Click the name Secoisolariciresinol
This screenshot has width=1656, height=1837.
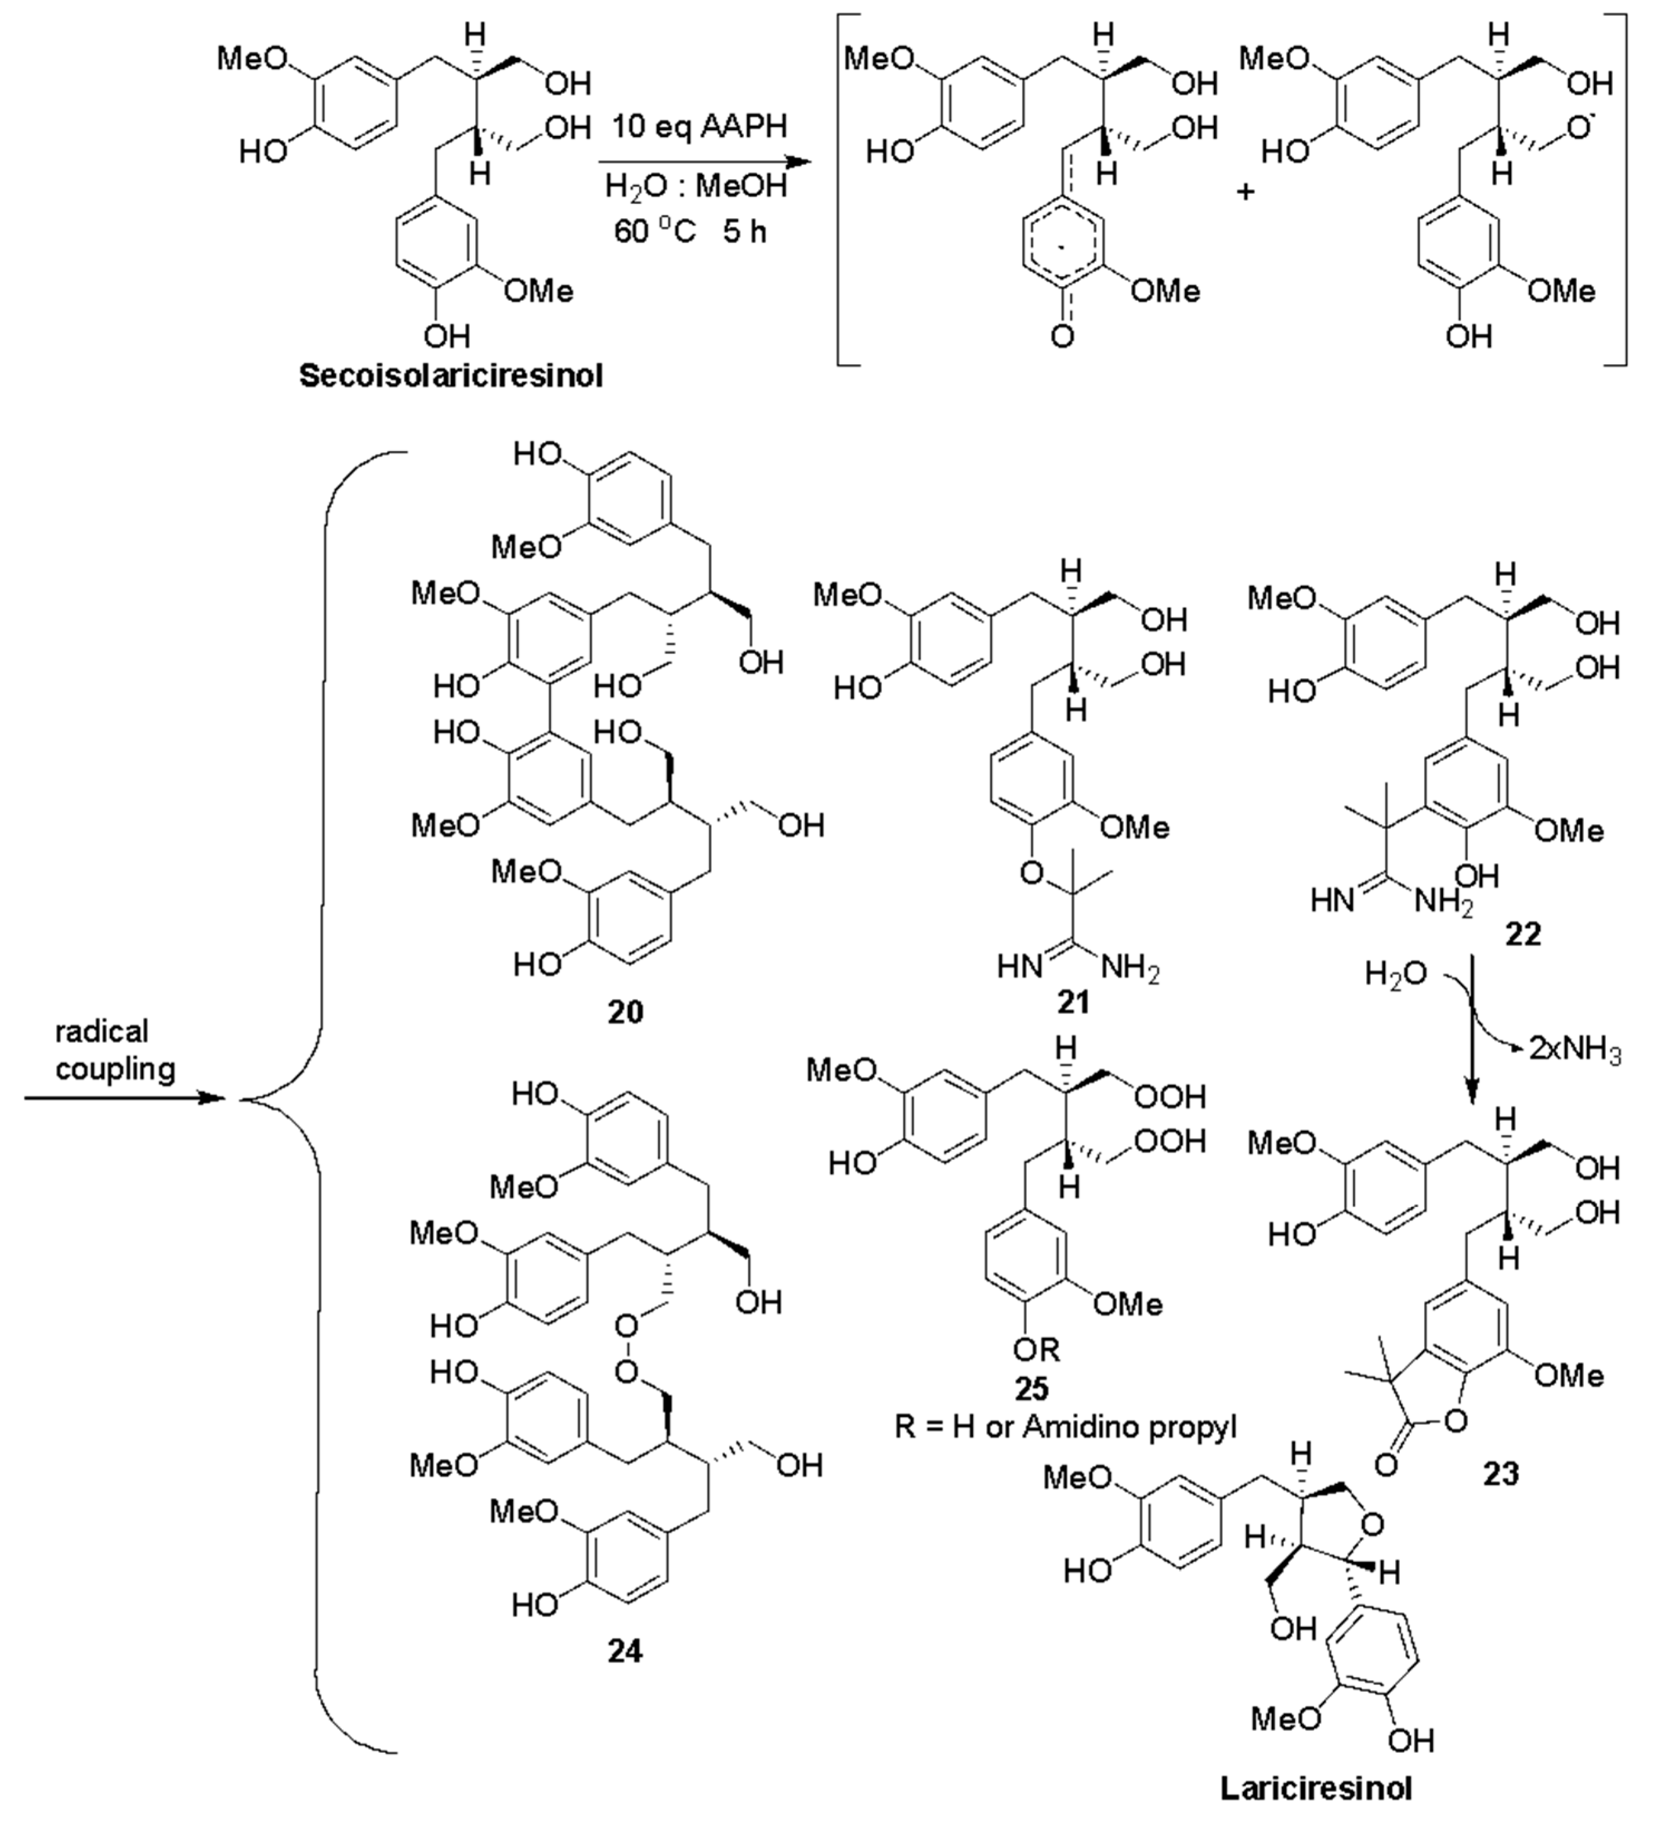pos(450,376)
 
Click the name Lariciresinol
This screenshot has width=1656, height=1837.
pos(1316,1788)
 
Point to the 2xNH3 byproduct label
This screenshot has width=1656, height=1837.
pos(1574,1049)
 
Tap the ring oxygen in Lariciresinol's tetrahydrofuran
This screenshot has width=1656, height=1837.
pos(1373,1522)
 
